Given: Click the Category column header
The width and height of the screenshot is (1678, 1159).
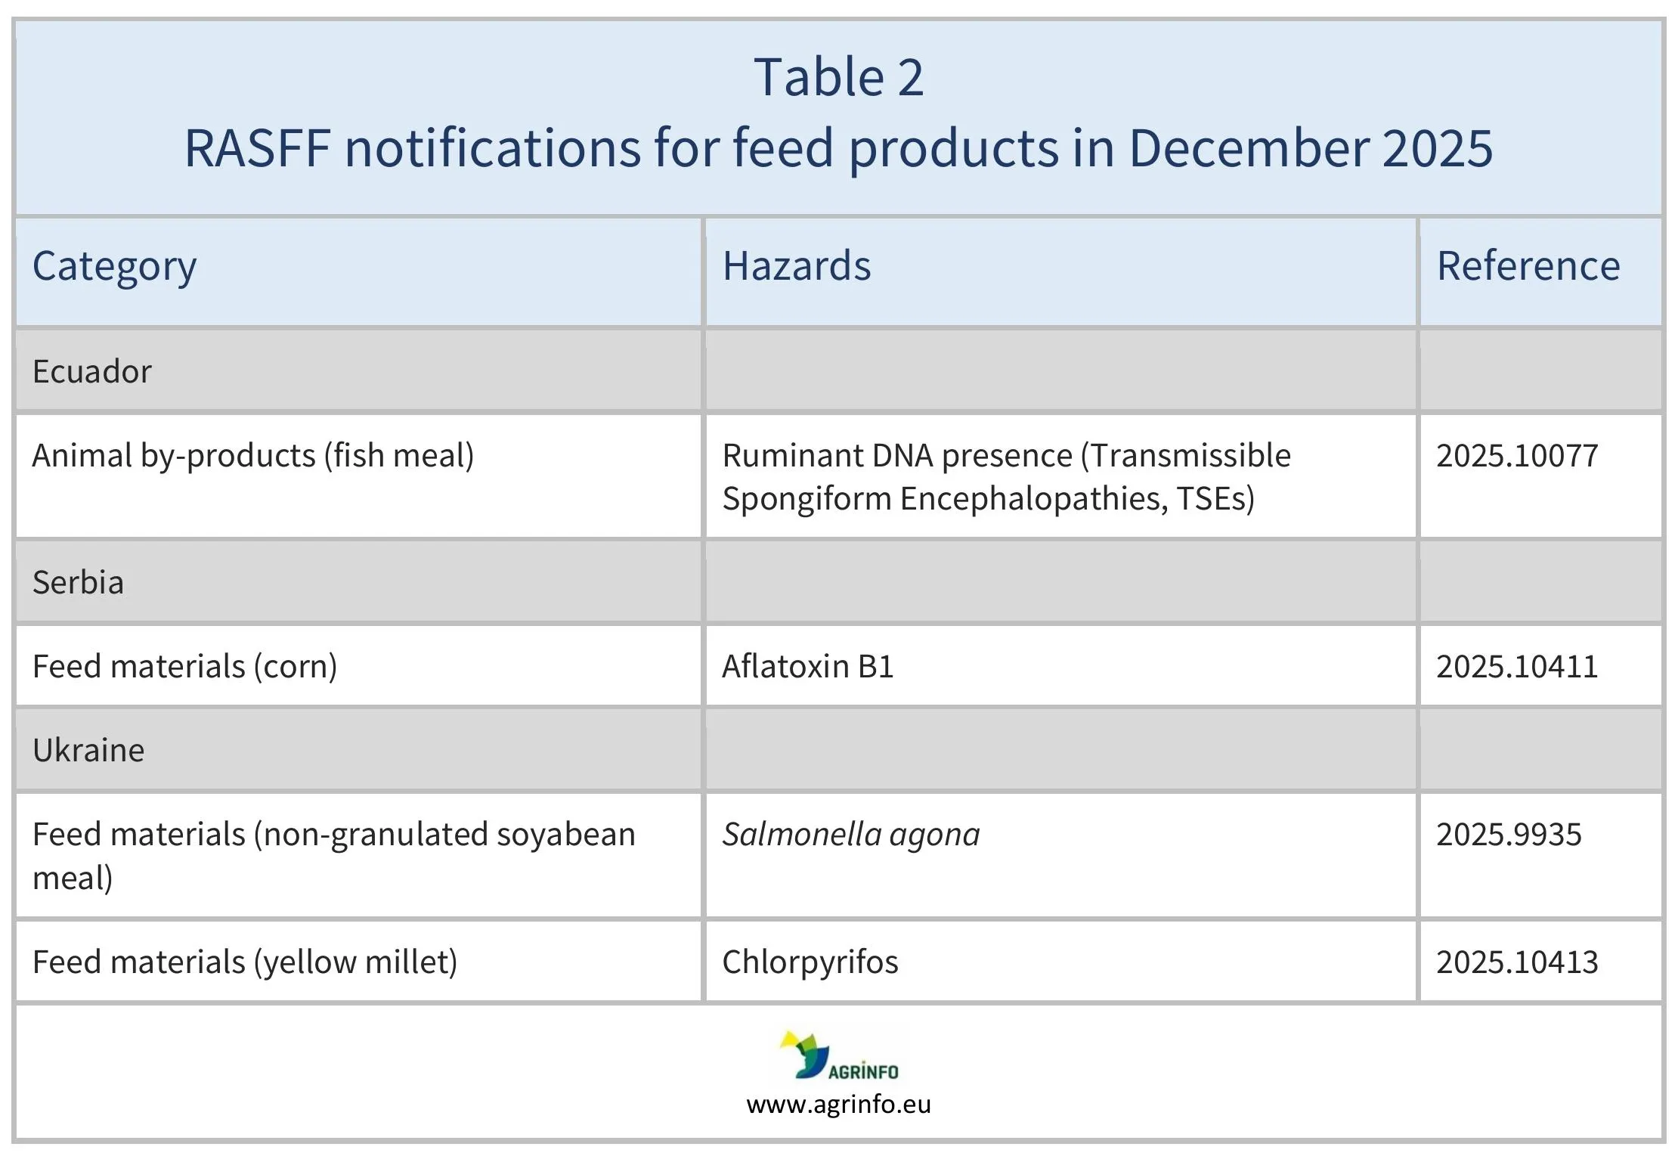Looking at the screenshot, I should [114, 266].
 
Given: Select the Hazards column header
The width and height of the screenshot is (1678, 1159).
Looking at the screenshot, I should [796, 266].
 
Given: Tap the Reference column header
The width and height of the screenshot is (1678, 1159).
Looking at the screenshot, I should [1528, 266].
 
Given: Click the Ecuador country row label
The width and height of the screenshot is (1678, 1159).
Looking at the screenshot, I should [91, 371].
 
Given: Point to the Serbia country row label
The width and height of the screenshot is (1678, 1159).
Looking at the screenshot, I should [78, 582].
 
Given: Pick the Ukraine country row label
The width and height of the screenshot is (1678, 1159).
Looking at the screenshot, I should [88, 750].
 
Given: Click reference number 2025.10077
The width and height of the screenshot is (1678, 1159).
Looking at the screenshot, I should [1516, 456].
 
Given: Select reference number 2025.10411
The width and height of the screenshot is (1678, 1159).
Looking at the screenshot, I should [1516, 667].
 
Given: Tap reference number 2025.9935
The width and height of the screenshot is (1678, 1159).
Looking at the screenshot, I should [1508, 835].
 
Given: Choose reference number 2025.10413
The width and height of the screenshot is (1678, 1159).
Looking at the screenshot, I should [1516, 962].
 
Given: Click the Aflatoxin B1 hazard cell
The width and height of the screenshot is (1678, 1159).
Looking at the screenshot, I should [807, 667].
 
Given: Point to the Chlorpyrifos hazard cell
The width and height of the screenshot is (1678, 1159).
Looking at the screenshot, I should [810, 962].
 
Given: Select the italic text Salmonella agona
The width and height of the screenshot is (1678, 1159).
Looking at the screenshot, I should [850, 835].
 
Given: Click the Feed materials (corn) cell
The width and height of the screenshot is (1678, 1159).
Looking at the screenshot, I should [184, 667].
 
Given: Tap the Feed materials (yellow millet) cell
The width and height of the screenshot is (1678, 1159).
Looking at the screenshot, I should [245, 962].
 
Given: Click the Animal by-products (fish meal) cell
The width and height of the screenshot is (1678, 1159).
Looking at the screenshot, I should [252, 456].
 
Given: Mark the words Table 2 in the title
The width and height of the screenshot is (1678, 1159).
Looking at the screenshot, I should [838, 78].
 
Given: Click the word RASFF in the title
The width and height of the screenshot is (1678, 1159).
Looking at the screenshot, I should [257, 148].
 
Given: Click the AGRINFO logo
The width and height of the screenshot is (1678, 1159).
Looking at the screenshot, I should [838, 1055].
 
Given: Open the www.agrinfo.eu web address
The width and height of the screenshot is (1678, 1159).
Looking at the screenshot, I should [838, 1105].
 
